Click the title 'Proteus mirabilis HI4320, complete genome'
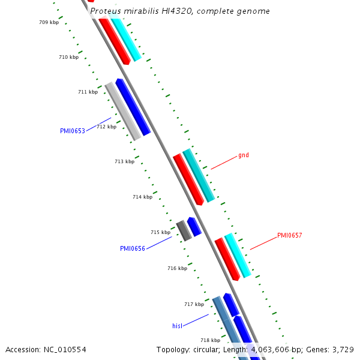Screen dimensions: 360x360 click(179, 11)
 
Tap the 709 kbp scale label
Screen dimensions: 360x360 click(49, 22)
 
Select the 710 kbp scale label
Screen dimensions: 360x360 click(68, 57)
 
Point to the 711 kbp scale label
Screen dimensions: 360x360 click(88, 92)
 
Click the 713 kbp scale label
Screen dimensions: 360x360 click(124, 161)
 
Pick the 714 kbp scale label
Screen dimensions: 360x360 click(142, 197)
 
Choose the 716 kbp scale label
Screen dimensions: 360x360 click(177, 268)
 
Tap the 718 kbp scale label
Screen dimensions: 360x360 click(210, 340)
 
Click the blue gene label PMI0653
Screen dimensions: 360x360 click(72, 131)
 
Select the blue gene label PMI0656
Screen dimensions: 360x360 click(133, 248)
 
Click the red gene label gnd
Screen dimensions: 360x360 click(243, 155)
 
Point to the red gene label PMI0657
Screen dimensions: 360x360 click(289, 235)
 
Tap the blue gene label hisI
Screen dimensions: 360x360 click(177, 326)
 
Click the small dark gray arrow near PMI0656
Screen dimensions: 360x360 click(184, 230)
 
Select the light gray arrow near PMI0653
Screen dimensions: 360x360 click(123, 111)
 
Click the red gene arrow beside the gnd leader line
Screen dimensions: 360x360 click(188, 179)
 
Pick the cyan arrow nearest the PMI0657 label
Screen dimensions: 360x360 click(238, 255)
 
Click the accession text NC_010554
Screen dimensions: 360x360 click(46, 349)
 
